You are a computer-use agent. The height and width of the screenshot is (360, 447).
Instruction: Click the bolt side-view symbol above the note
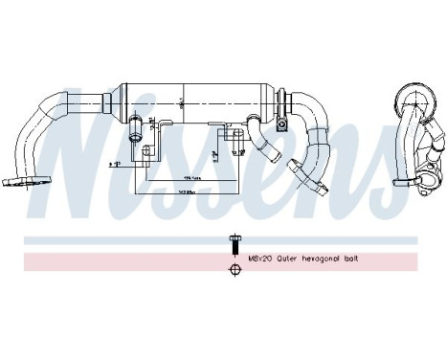tap(233, 242)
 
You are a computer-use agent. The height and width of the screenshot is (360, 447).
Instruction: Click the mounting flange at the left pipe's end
tap(18, 178)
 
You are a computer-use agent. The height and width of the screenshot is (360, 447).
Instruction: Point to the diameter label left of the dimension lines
tap(132, 166)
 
